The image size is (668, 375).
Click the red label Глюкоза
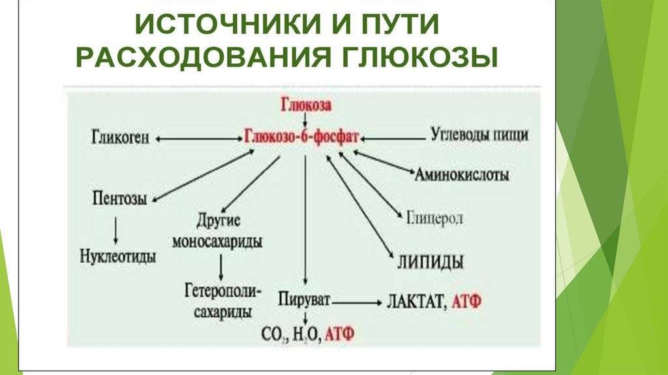[306, 105]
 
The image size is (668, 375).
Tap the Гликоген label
[122, 138]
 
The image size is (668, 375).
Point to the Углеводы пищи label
[479, 136]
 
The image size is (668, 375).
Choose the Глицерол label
[435, 218]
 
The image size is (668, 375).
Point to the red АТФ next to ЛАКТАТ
[466, 303]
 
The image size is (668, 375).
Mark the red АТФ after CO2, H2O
[339, 334]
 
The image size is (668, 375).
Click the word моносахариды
[218, 242]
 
